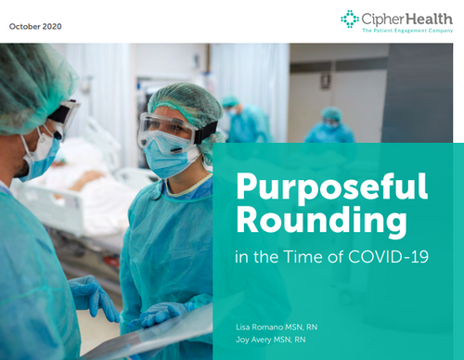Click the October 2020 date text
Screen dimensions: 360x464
tap(35, 25)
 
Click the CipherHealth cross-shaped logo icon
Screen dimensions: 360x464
tap(349, 19)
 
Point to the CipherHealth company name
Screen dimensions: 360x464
tap(405, 17)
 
